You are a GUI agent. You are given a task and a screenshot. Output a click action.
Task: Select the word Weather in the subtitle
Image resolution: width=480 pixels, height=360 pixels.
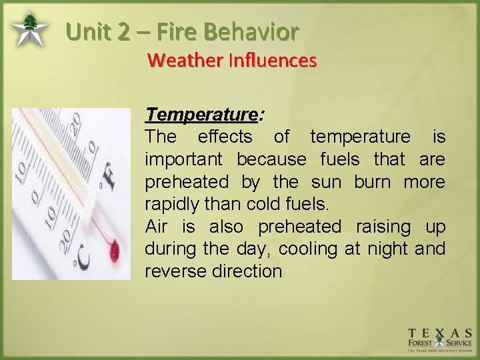click(x=185, y=61)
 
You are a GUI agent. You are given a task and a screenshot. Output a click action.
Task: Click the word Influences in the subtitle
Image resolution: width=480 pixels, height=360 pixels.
click(x=272, y=61)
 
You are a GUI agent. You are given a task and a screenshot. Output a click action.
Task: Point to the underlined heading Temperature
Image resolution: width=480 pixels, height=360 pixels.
click(x=201, y=115)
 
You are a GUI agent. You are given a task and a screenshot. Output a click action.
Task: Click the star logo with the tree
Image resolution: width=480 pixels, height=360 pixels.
click(x=29, y=30)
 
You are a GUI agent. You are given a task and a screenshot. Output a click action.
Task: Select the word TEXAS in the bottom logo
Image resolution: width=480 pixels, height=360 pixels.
click(x=440, y=333)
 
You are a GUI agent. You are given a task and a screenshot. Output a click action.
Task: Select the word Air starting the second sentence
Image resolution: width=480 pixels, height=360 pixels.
click(x=157, y=227)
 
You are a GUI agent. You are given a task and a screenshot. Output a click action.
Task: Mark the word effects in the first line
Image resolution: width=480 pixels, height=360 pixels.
click(x=225, y=137)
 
